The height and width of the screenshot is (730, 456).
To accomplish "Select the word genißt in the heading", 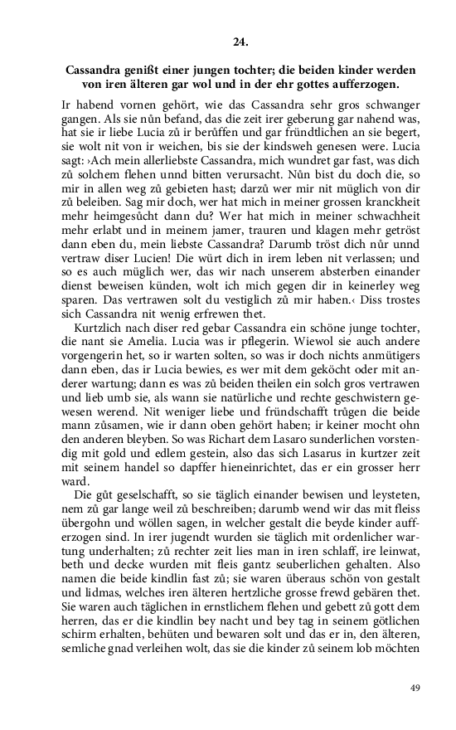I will pyautogui.click(x=144, y=69).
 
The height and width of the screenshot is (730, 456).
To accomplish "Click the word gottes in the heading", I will pyautogui.click(x=311, y=84).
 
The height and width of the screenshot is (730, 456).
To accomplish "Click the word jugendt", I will pyautogui.click(x=148, y=539).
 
